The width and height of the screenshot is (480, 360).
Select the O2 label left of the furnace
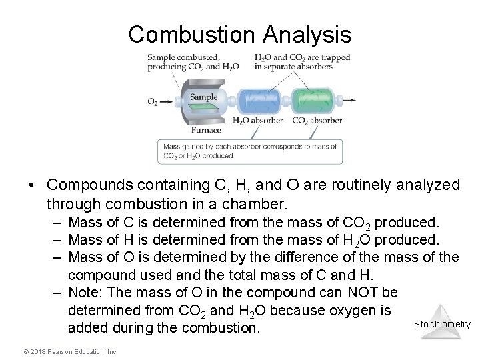coord(153,102)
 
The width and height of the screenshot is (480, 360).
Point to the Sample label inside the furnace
coord(204,96)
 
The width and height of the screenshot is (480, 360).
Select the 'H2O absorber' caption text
coord(257,121)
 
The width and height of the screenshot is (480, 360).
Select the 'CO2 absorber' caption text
coord(316,121)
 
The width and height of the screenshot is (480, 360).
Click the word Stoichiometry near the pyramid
coord(442,325)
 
